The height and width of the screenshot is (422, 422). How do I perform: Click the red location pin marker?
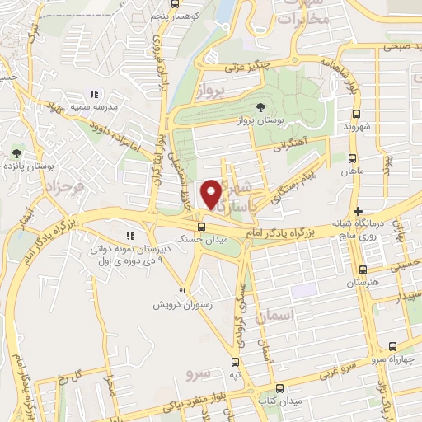click(213, 194)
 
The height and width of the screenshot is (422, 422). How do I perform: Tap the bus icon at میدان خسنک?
click(201, 227)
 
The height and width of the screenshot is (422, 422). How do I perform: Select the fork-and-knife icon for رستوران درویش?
click(183, 292)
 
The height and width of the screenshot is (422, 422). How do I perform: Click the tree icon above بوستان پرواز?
click(261, 107)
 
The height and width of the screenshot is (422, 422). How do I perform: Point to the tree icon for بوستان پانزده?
click(16, 153)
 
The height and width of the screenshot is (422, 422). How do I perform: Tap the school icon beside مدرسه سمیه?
click(94, 95)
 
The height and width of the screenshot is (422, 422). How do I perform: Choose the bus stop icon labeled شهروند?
click(354, 115)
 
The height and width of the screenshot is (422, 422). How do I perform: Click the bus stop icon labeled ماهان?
click(353, 160)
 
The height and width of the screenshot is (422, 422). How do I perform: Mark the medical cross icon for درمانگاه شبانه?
click(357, 212)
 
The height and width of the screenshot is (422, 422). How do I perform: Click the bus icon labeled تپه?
click(236, 362)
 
